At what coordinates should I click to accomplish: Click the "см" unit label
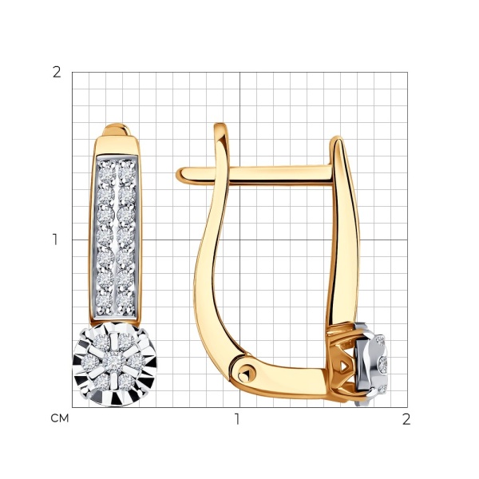click(60, 418)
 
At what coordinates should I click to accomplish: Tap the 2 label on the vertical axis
click(57, 73)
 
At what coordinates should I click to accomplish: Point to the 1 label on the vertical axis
click(55, 239)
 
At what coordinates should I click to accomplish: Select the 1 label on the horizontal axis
click(237, 419)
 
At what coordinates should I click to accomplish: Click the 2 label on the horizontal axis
click(406, 419)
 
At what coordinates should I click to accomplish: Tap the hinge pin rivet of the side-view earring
click(247, 374)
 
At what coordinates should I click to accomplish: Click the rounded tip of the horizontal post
click(180, 176)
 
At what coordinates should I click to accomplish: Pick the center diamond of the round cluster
click(114, 362)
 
